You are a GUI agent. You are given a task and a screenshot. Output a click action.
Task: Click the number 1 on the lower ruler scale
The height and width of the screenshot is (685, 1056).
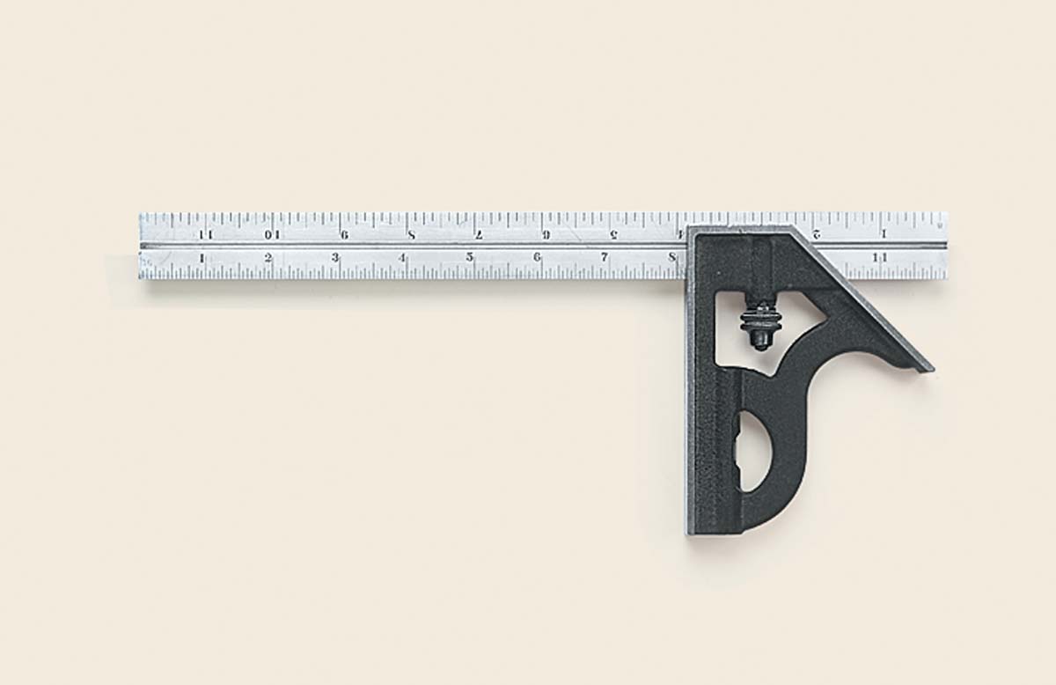coord(202,258)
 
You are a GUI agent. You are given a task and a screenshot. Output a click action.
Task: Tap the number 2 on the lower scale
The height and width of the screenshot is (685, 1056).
coord(268,258)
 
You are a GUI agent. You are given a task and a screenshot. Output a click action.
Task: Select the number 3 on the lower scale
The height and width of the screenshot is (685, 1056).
coord(335,258)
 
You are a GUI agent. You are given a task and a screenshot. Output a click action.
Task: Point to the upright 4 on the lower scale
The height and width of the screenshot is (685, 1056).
coord(402,258)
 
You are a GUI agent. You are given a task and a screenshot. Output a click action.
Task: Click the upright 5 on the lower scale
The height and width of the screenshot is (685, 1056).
coord(469,258)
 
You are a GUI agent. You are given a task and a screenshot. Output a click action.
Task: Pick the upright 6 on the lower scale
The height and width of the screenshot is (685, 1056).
coord(537,258)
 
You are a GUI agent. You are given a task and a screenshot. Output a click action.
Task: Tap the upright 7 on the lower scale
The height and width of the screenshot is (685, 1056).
coord(604,258)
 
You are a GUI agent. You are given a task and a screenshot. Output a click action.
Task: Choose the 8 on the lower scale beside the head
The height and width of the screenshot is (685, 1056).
coord(671,258)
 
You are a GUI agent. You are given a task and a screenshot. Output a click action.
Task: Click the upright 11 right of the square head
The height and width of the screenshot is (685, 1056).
coord(879,257)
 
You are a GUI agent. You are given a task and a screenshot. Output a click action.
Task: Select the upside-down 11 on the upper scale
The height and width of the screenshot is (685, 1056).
coord(206,234)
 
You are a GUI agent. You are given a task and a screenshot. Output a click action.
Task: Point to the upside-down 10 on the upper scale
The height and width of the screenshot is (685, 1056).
coord(272,234)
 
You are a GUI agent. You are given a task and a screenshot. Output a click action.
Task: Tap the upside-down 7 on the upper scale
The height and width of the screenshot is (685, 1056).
coord(479,234)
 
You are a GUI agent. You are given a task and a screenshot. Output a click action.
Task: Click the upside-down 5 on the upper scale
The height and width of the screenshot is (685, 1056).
coord(613,234)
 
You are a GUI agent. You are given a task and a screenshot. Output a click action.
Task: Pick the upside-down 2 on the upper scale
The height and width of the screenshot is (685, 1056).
coord(817,234)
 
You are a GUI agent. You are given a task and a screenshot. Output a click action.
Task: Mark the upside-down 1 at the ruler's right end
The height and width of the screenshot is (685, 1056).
coord(884,234)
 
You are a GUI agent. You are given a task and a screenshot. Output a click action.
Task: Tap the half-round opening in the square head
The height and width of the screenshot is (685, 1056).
coord(754,452)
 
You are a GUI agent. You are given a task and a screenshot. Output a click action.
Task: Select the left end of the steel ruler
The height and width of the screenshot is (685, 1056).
coord(142,246)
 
